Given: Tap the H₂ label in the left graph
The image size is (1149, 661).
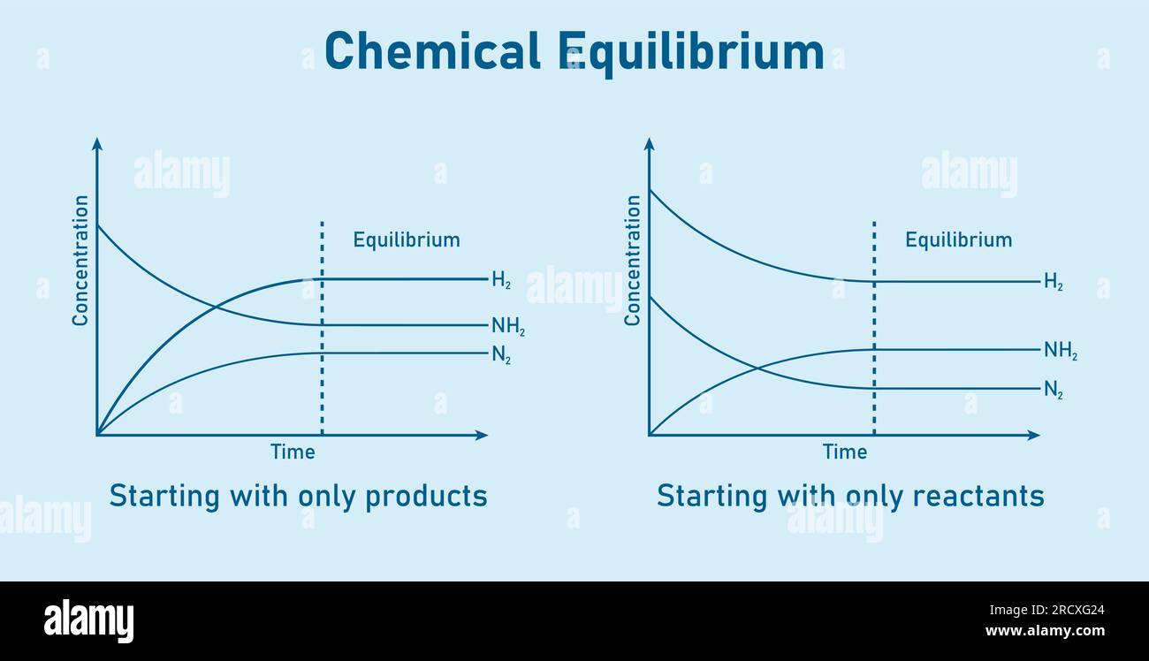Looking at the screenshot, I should point(501,281).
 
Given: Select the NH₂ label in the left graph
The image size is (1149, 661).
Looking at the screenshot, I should point(508,327).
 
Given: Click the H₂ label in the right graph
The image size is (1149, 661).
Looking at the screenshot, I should point(1053,283).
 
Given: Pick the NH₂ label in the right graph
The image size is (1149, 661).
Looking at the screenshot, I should point(1060,351).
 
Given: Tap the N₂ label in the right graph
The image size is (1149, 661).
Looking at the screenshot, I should point(1053,390).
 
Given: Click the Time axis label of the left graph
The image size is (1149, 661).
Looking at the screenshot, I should point(293,452).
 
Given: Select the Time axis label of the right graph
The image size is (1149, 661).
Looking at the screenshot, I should point(845,452).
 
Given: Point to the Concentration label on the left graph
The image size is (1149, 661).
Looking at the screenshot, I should point(80,261).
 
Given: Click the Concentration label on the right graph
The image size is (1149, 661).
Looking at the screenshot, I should point(633,261).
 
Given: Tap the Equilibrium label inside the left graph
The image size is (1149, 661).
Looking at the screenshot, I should point(407,239).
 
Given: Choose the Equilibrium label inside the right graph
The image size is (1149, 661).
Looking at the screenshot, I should point(958,239).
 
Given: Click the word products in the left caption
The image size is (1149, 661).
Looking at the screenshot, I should point(426,497).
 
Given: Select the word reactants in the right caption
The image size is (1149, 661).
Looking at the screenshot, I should point(978,497).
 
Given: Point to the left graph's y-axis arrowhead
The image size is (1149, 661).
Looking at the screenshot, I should point(97,143).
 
